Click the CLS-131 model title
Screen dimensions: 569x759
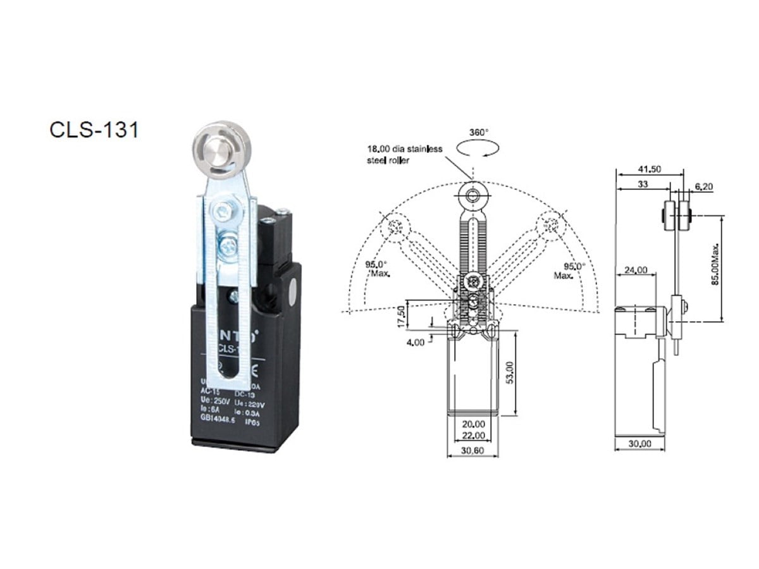[94, 129]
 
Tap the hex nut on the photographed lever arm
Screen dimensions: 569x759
[221, 212]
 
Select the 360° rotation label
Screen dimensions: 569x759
[479, 133]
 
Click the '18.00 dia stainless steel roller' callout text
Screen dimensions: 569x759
[405, 155]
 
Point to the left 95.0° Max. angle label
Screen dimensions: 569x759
[379, 269]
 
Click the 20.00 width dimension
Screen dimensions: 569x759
[473, 424]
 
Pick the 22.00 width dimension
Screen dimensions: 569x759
[473, 436]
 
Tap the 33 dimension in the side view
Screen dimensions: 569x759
[642, 184]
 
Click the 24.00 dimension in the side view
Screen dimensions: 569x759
[635, 270]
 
